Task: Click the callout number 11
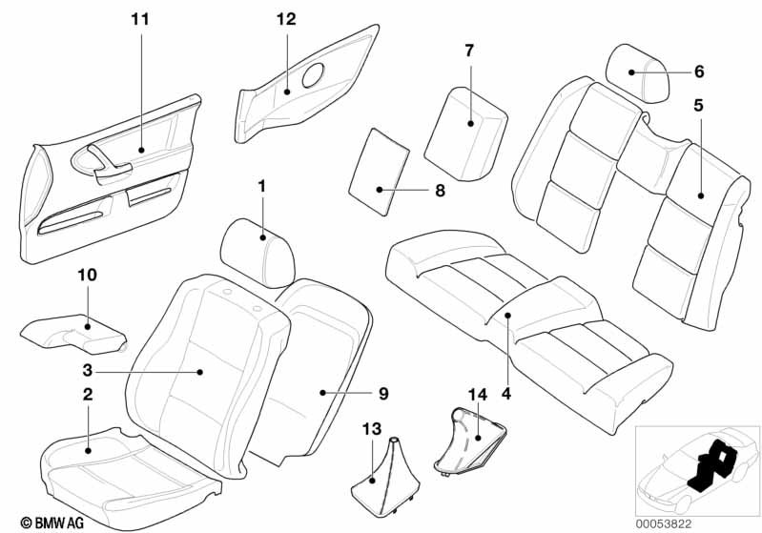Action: point(140,19)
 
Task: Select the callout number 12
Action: point(286,19)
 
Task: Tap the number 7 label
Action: point(469,50)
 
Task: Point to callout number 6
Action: point(699,72)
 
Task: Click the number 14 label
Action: point(478,395)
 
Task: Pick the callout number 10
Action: point(88,275)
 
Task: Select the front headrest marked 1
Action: point(257,252)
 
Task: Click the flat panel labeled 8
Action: point(380,172)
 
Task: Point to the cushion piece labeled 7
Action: point(465,133)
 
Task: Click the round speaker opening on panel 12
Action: point(314,75)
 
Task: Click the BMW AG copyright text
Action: point(52,523)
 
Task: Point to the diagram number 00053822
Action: point(664,524)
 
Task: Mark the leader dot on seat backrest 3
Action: point(199,372)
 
